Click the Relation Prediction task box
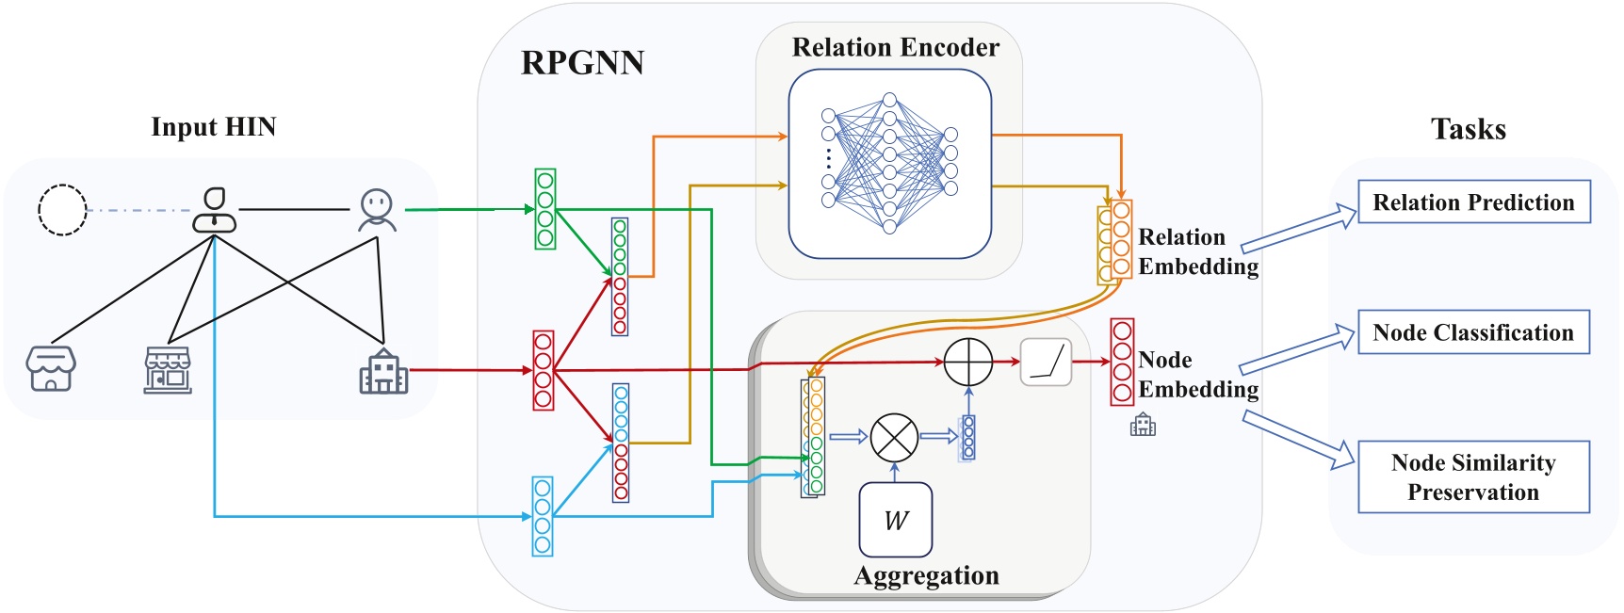pyautogui.click(x=1473, y=202)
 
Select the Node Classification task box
pyautogui.click(x=1473, y=332)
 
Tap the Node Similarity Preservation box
pyautogui.click(x=1473, y=477)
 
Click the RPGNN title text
pyautogui.click(x=582, y=63)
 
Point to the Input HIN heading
pyautogui.click(x=213, y=127)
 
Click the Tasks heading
pyautogui.click(x=1468, y=129)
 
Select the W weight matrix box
pyautogui.click(x=895, y=520)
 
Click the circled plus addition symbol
pyautogui.click(x=968, y=363)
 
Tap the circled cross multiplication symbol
pyautogui.click(x=894, y=437)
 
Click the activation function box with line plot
pyautogui.click(x=1046, y=363)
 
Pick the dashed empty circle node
pyautogui.click(x=62, y=210)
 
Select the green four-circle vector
pyautogui.click(x=544, y=209)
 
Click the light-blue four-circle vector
pyautogui.click(x=543, y=516)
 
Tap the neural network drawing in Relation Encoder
pyautogui.click(x=889, y=163)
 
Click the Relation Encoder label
pyautogui.click(x=895, y=48)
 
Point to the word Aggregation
pyautogui.click(x=926, y=575)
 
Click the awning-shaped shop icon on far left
pyautogui.click(x=51, y=368)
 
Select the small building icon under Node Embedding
pyautogui.click(x=1143, y=425)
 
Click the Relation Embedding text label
pyautogui.click(x=1197, y=251)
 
